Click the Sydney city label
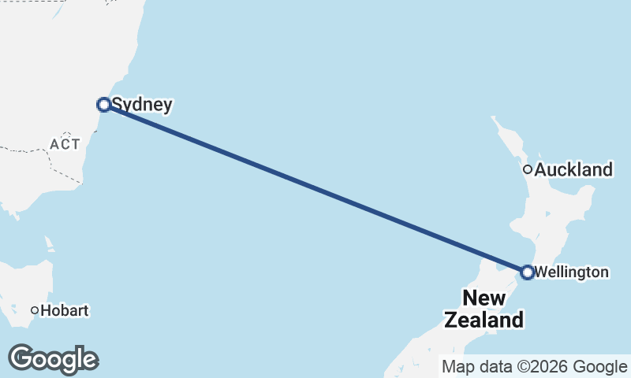142,104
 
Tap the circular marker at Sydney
103,104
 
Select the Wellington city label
571,272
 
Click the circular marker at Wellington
528,272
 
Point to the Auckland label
573,169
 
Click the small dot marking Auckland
528,169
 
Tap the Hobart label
65,310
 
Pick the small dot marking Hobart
35,310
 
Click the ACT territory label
64,144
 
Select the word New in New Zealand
484,298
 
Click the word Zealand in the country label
484,321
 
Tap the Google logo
53,359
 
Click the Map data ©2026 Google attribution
535,366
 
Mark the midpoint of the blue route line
315,188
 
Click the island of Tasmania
28,283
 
